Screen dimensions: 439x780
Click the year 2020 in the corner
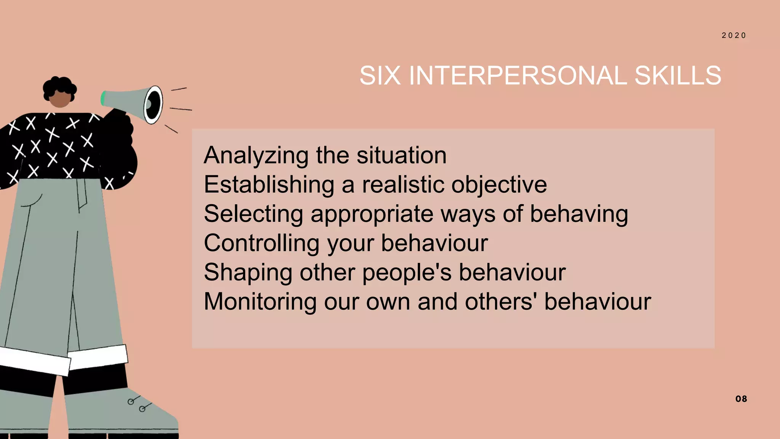(x=734, y=35)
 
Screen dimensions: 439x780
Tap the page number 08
(x=741, y=399)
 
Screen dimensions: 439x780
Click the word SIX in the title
(x=380, y=75)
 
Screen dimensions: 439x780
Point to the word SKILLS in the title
(x=678, y=75)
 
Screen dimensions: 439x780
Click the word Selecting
(x=253, y=214)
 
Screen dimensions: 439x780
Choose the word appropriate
(x=372, y=215)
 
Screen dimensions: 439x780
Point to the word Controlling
(x=262, y=243)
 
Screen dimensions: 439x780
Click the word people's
(x=407, y=273)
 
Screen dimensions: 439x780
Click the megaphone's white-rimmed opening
(x=153, y=104)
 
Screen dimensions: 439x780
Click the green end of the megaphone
(x=103, y=98)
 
